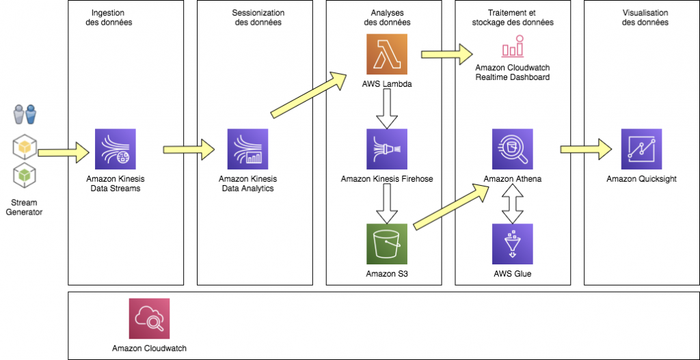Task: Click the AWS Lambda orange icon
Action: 386,54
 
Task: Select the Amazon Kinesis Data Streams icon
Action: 116,150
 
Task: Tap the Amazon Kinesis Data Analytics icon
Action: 247,150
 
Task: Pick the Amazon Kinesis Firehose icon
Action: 386,149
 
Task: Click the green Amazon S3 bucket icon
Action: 386,245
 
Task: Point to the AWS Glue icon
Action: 512,245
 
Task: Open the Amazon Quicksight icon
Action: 641,149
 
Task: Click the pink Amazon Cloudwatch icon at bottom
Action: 149,318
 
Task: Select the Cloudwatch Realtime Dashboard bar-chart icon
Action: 512,48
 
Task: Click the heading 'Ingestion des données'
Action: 111,18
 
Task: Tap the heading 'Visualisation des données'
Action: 645,18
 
